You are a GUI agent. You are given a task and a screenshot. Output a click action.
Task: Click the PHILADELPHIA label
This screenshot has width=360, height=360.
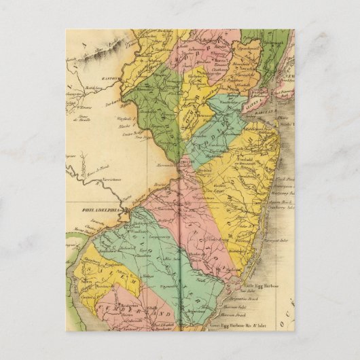point(98,210)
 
